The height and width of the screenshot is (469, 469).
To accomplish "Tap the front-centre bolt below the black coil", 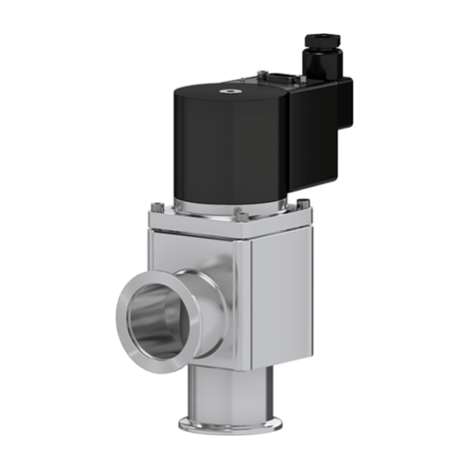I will pyautogui.click(x=241, y=215).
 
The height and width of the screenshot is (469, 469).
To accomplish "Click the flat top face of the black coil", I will pyautogui.click(x=206, y=92).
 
